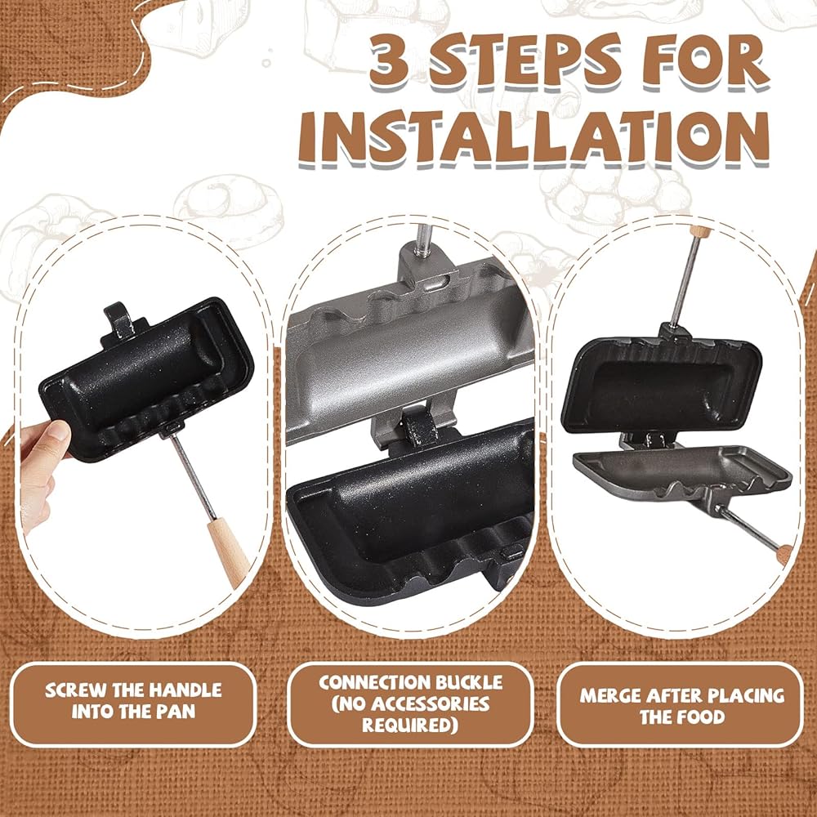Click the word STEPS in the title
tap(525, 60)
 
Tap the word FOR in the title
tap(705, 61)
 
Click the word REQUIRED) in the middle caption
tap(410, 725)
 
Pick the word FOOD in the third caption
tap(703, 717)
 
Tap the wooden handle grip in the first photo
tap(228, 552)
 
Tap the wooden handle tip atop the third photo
tap(700, 231)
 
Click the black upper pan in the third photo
tap(662, 384)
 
